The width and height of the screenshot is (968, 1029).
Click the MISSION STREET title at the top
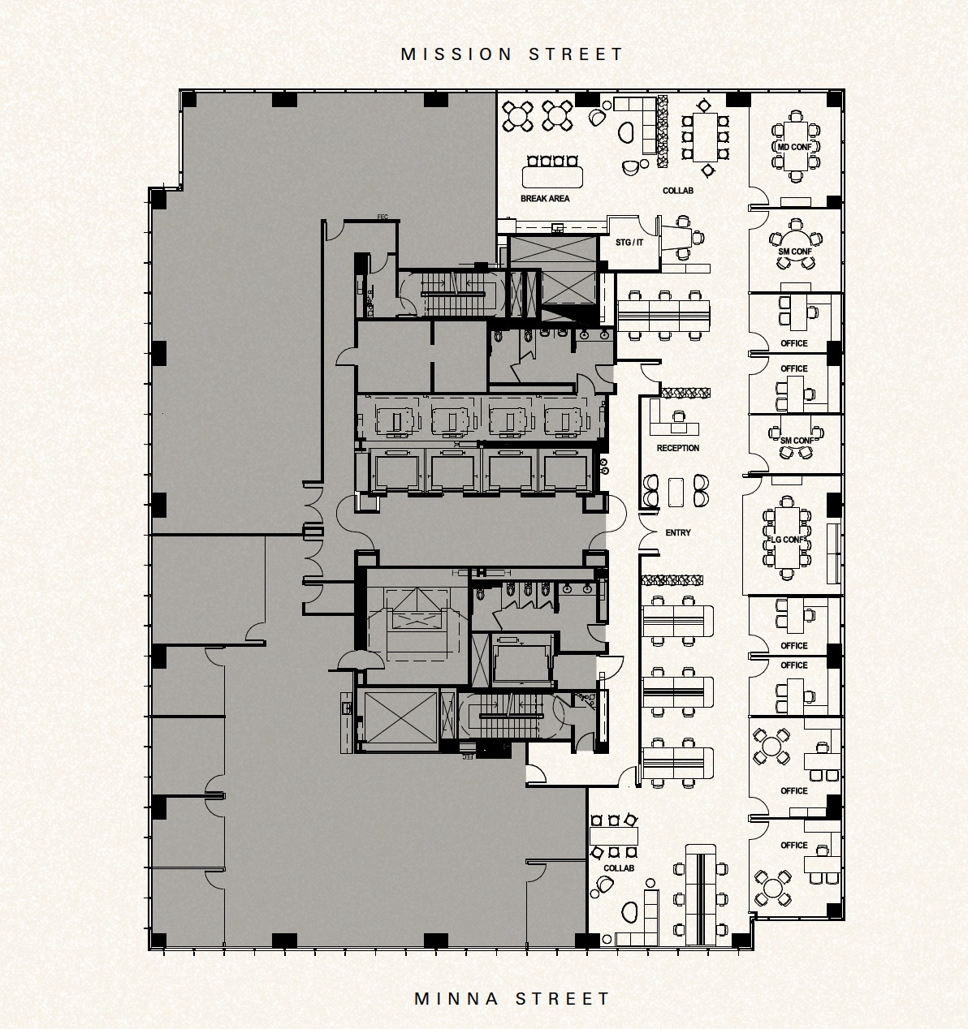pos(512,54)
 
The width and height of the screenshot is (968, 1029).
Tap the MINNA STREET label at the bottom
pos(512,998)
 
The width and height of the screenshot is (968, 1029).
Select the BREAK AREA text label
pos(545,198)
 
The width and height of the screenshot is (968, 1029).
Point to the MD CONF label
pos(794,147)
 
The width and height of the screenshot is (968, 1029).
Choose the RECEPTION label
pos(677,448)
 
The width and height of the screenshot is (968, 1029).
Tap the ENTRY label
pos(677,532)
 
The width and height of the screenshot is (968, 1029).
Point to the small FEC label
pos(383,217)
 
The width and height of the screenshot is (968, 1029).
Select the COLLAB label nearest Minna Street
pos(618,868)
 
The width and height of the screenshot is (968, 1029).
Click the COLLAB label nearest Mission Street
pos(677,191)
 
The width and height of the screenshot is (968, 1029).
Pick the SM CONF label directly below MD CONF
pos(794,252)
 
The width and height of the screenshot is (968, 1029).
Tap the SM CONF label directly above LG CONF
pos(796,441)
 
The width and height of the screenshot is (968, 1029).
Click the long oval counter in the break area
pos(552,176)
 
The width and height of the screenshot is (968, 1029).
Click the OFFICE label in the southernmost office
pos(793,845)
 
